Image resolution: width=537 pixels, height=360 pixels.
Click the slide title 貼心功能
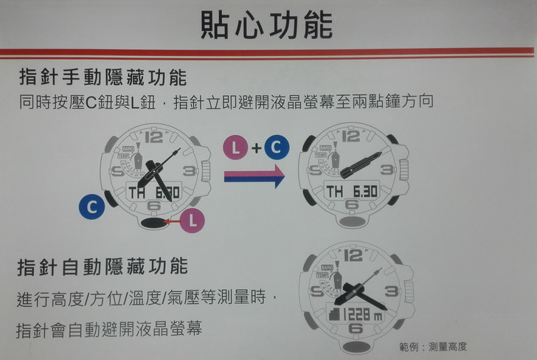point(266,25)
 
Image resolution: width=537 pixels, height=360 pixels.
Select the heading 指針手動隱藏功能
point(103,77)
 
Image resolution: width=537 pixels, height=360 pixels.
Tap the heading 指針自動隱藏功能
point(103,267)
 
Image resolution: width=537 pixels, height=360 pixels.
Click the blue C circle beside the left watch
point(91,207)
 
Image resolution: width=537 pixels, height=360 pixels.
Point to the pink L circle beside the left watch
point(192,221)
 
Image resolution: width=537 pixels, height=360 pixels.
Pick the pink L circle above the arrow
point(235,148)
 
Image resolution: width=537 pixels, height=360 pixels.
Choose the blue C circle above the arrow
point(277,148)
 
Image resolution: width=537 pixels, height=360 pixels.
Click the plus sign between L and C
point(256,148)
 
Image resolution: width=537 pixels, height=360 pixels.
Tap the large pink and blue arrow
point(254,176)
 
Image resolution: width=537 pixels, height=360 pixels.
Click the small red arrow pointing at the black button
point(172,221)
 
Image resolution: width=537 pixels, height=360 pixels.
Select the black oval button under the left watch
point(153,223)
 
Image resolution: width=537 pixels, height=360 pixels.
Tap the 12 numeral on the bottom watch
point(353,255)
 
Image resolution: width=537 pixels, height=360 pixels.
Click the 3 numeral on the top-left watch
point(190,170)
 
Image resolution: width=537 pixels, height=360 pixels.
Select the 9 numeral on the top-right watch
point(316,170)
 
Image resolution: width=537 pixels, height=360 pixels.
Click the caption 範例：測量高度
point(433,347)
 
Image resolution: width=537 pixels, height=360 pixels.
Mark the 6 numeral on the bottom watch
point(356,329)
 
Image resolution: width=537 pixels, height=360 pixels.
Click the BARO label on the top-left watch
point(128,149)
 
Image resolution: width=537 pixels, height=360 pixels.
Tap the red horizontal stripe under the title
point(267,53)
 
